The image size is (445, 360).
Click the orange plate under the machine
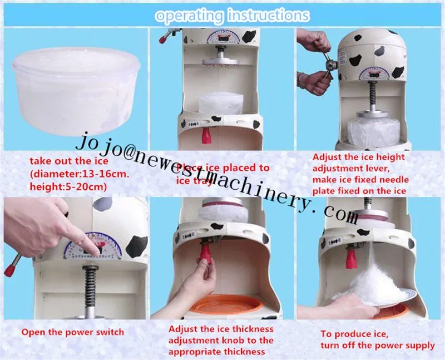(225, 305)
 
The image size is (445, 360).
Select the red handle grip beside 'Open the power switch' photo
(9, 270)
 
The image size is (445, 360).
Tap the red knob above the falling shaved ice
(350, 258)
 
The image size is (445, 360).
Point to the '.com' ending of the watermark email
(336, 214)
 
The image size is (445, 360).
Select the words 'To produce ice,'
(353, 334)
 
